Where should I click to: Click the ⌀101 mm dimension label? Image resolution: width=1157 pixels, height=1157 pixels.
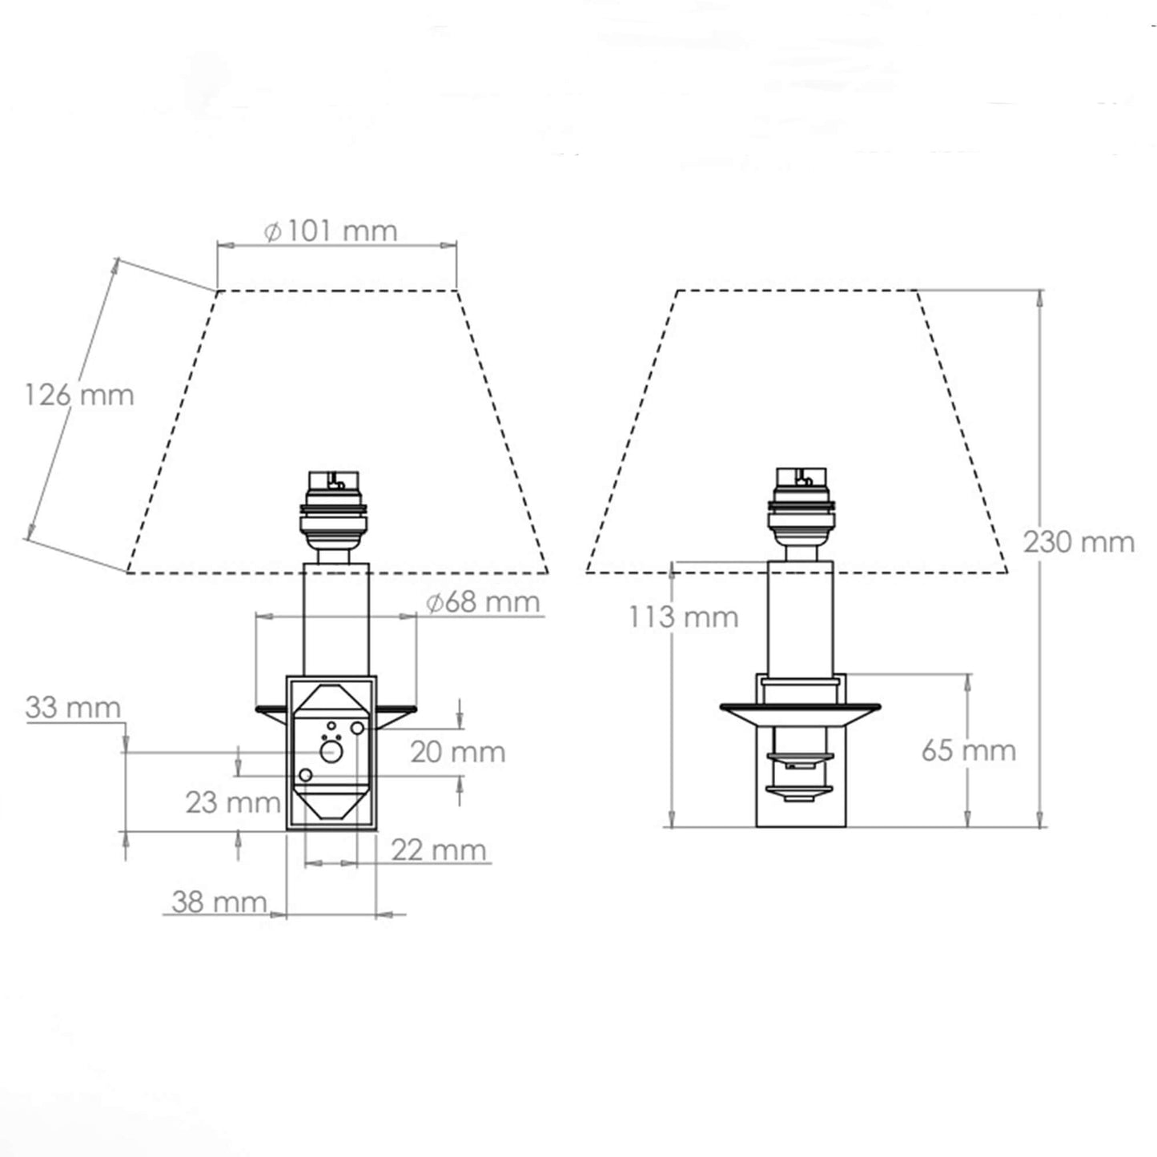(x=331, y=231)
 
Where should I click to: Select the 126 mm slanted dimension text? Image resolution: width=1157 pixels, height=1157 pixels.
(x=78, y=395)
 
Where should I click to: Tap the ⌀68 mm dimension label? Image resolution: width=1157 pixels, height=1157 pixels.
(x=484, y=602)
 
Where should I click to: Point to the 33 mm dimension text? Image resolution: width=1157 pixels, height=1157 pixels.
(x=73, y=707)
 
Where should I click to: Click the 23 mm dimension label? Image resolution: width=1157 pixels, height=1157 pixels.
(x=233, y=803)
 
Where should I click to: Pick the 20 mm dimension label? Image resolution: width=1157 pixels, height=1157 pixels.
(x=458, y=753)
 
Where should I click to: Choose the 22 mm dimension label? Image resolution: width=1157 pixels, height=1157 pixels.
(x=439, y=850)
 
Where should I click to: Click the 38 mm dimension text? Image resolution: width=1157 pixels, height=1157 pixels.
(x=219, y=902)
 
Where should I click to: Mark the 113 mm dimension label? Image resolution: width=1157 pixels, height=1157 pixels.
(x=683, y=617)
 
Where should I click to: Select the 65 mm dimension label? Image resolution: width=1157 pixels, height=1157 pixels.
(x=969, y=750)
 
